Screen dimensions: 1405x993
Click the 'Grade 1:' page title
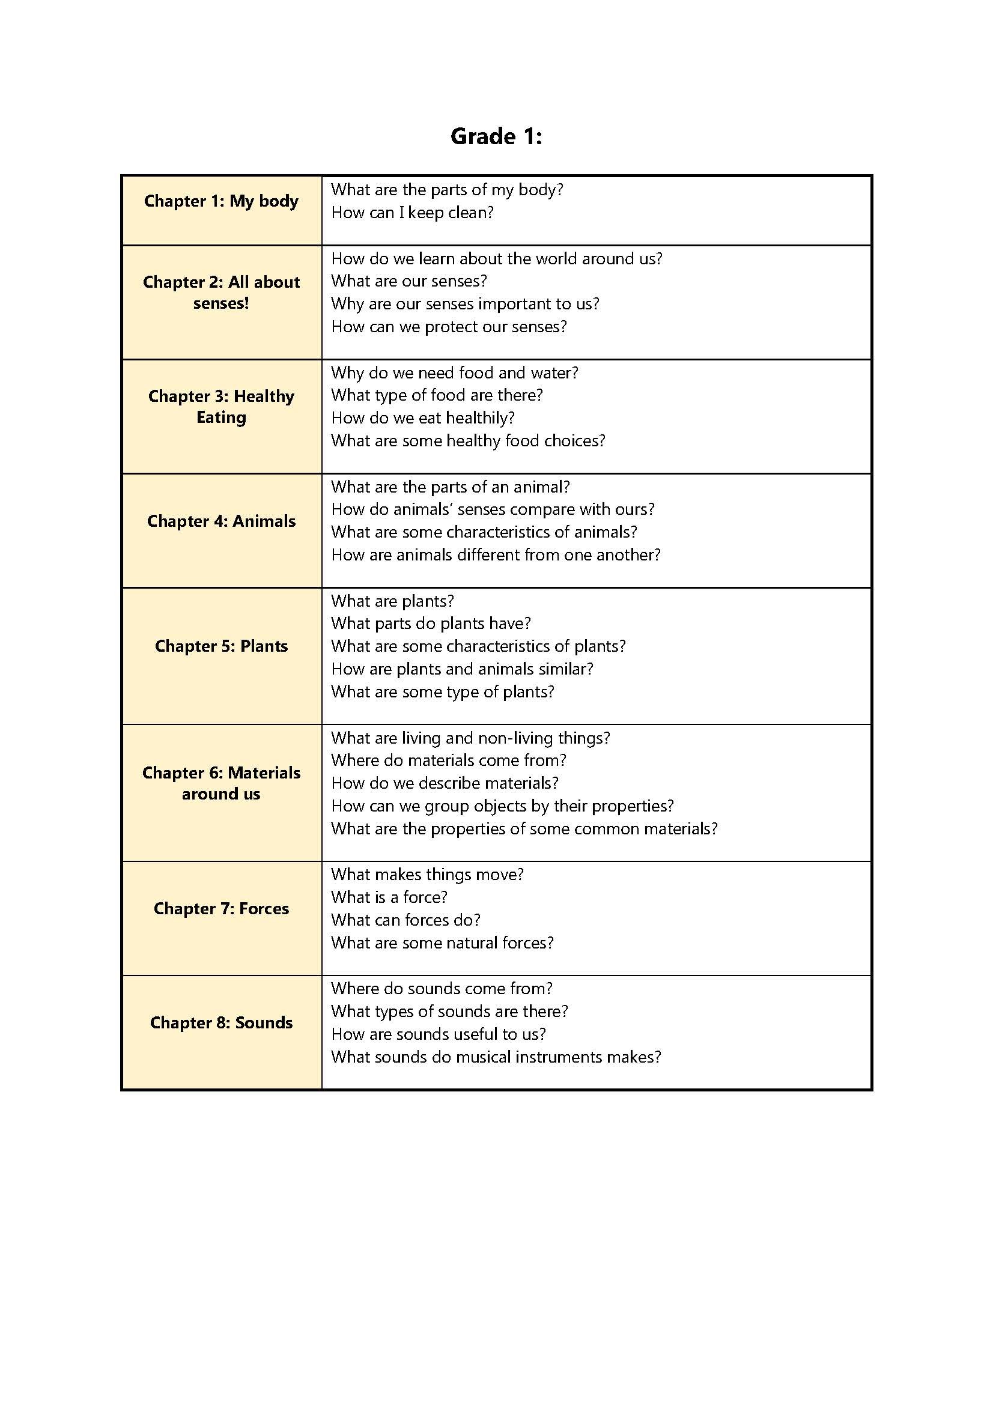pyautogui.click(x=496, y=136)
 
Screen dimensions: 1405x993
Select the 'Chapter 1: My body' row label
pyautogui.click(x=221, y=201)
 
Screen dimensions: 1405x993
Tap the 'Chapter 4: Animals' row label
pyautogui.click(x=221, y=521)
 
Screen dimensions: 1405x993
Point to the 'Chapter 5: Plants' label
pyautogui.click(x=221, y=646)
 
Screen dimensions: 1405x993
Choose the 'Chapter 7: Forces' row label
pyautogui.click(x=221, y=909)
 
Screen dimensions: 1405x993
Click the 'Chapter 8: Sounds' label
pyautogui.click(x=221, y=1022)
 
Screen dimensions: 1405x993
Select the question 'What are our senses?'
pyautogui.click(x=408, y=281)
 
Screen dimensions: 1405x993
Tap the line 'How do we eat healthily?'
pyautogui.click(x=422, y=418)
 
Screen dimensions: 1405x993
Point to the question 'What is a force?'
pyautogui.click(x=389, y=897)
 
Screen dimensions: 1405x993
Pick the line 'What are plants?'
pyautogui.click(x=392, y=601)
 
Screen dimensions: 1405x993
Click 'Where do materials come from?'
pyautogui.click(x=449, y=760)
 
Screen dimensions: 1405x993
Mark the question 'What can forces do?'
pyautogui.click(x=405, y=920)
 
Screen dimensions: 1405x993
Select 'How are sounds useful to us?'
pyautogui.click(x=438, y=1034)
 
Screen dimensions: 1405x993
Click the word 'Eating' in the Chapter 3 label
pyautogui.click(x=221, y=417)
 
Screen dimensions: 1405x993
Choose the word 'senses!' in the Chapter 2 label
pyautogui.click(x=221, y=303)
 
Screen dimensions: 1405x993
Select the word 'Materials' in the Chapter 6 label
pyautogui.click(x=264, y=773)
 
